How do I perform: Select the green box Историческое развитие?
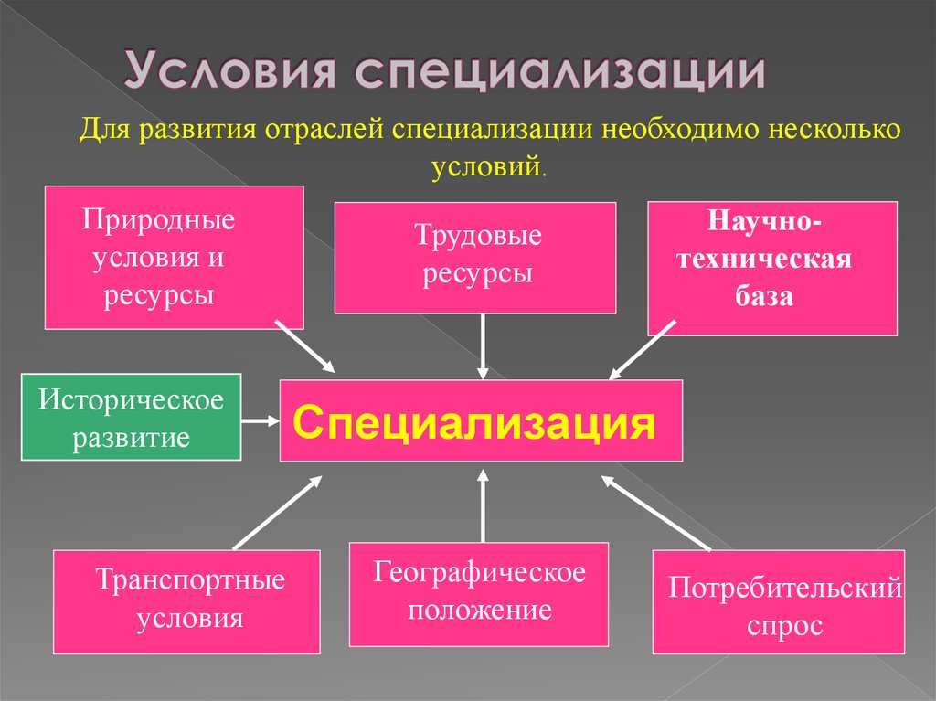[x=131, y=416]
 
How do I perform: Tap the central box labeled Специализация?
[x=481, y=420]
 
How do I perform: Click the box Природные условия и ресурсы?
[x=174, y=257]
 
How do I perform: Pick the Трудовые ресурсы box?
[x=474, y=258]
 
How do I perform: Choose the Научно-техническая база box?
[x=772, y=268]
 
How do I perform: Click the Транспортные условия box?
[x=186, y=600]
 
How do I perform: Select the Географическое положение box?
[x=478, y=593]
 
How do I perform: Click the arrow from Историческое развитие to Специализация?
[x=261, y=421]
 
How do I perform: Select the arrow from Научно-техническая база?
[x=643, y=349]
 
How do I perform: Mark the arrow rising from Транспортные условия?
[x=278, y=512]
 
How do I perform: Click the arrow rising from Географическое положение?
[x=484, y=506]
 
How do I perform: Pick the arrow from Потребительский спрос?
[x=654, y=513]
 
